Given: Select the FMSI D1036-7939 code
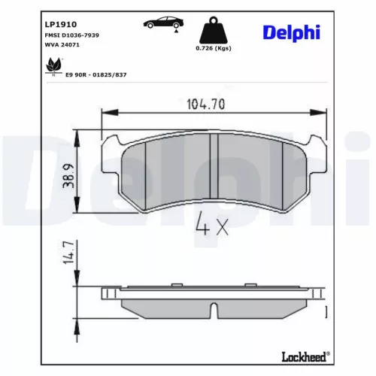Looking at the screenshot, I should click(x=68, y=35).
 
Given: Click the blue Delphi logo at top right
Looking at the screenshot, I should click(x=291, y=32).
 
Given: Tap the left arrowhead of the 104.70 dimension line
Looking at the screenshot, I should click(x=105, y=114).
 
